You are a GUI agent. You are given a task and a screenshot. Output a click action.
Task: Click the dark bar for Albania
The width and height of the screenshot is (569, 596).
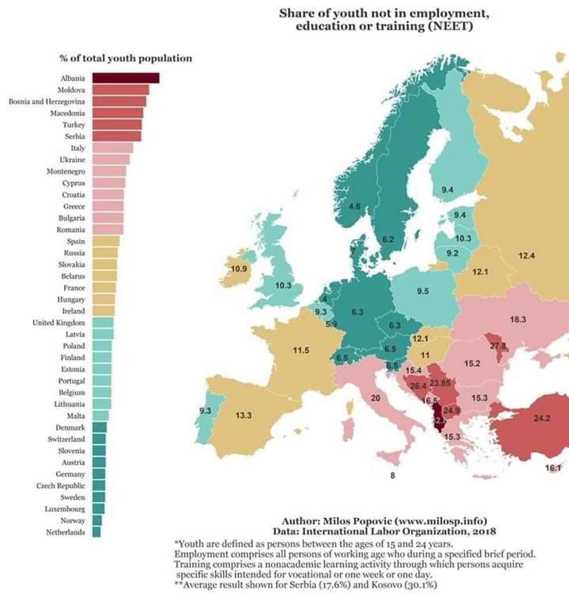[125, 78]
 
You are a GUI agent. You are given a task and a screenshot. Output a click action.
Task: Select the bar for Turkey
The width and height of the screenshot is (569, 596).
[117, 125]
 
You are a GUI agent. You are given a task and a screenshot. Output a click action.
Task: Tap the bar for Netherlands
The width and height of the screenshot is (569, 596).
[96, 532]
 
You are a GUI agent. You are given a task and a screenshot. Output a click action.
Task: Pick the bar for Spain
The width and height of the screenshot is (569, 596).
[106, 241]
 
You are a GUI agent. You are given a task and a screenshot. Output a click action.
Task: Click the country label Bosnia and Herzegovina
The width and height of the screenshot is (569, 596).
[46, 101]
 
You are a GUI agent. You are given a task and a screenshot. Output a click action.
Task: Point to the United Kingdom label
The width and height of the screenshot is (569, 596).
[58, 322]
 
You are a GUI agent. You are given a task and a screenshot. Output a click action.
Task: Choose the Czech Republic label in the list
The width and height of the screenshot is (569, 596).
[60, 486]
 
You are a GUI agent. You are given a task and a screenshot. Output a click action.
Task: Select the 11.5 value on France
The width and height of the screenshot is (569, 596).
[301, 350]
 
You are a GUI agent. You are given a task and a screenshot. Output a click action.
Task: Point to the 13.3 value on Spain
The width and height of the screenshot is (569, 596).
[244, 415]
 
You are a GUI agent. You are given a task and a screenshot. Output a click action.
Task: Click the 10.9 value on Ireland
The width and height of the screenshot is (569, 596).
[239, 269]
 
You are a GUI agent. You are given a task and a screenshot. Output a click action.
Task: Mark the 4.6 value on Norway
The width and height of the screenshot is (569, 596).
[354, 206]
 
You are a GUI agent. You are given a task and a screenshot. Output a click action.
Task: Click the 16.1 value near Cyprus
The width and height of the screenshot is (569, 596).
[553, 468]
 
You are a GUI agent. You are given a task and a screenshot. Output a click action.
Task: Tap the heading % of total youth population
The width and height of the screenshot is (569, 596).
[125, 59]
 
